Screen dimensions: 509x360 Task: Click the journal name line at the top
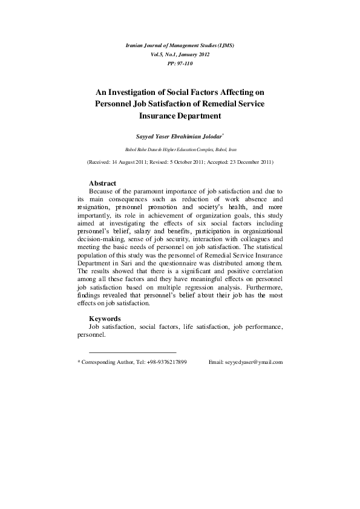[x=180, y=45]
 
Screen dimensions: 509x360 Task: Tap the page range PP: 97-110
[x=180, y=62]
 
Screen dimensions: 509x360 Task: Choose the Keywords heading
[x=105, y=319]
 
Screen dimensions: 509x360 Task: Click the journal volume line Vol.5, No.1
[x=180, y=54]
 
